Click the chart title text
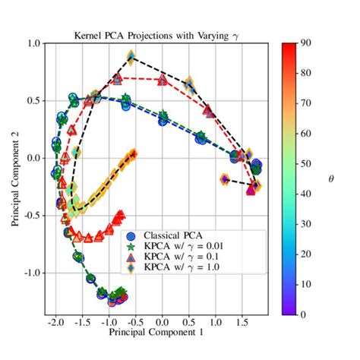pos(160,36)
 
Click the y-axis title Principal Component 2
pos(16,178)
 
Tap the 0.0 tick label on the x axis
pos(163,322)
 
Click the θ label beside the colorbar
pos(330,178)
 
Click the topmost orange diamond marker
pos(131,57)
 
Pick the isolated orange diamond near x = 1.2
pos(225,180)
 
